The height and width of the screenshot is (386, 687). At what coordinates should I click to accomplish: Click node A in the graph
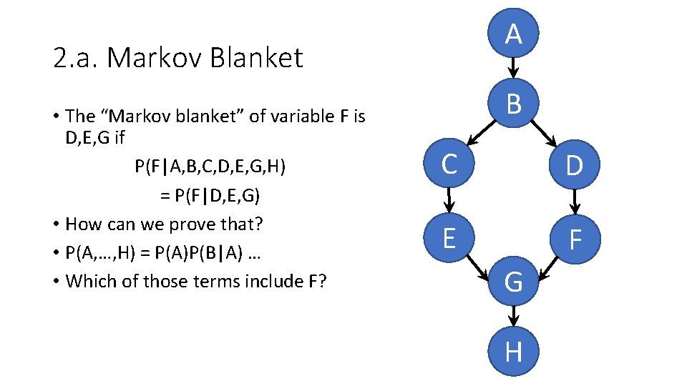(x=513, y=34)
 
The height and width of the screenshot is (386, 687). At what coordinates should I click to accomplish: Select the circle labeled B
(x=513, y=104)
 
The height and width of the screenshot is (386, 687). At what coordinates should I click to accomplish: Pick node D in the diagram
(x=574, y=166)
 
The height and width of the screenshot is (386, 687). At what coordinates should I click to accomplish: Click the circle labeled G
(x=513, y=283)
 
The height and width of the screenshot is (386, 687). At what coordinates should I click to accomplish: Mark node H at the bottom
(x=513, y=351)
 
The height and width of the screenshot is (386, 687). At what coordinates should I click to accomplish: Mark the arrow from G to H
(x=513, y=317)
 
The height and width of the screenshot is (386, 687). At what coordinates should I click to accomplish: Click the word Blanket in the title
(x=255, y=58)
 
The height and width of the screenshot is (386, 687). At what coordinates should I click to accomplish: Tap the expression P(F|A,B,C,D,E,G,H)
(x=210, y=167)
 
